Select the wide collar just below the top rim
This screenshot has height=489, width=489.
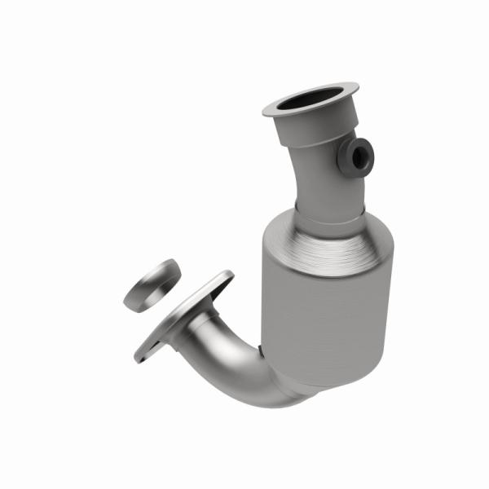tap(310, 130)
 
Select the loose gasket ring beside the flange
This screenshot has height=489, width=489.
tap(152, 284)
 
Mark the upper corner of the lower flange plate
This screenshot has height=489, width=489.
tap(224, 277)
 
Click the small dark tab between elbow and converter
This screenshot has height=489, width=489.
tap(260, 350)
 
